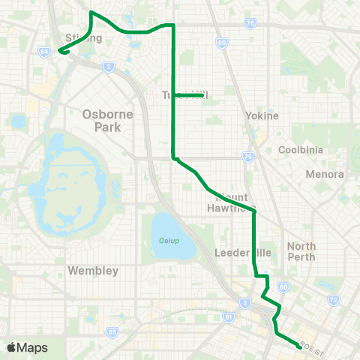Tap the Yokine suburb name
[262, 116]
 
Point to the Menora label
[325, 174]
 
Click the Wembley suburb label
[93, 270]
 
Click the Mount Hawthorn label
[230, 205]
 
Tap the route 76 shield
[250, 24]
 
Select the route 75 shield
[248, 157]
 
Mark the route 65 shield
[112, 331]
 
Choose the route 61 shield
[228, 317]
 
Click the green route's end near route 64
[58, 52]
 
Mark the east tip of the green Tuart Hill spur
[204, 95]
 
